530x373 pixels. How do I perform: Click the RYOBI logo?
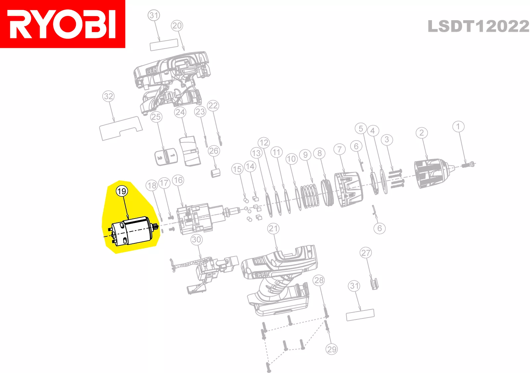(x=63, y=24)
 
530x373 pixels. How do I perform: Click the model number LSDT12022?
(x=478, y=26)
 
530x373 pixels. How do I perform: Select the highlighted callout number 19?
(x=122, y=191)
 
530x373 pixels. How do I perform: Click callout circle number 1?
(x=458, y=127)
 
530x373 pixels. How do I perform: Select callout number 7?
(x=340, y=149)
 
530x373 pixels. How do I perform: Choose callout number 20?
(x=177, y=25)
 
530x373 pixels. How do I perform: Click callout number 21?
(x=273, y=229)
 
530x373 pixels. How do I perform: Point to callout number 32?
(x=108, y=96)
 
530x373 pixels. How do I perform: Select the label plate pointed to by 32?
(x=121, y=128)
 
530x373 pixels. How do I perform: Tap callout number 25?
(x=156, y=117)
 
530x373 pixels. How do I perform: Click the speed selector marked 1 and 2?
(x=166, y=157)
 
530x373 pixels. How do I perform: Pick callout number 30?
(x=196, y=240)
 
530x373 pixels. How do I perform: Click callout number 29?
(x=332, y=349)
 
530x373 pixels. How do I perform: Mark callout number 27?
(x=366, y=253)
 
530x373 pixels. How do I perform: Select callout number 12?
(x=264, y=143)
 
